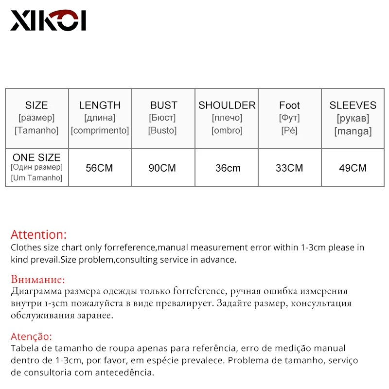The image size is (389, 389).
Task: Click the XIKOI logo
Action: (x=48, y=20)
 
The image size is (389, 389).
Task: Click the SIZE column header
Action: (x=36, y=106)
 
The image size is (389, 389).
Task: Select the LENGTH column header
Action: (x=100, y=106)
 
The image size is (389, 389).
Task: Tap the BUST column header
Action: (x=163, y=106)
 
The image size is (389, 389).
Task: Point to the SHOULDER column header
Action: (x=227, y=106)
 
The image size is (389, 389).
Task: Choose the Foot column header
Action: (x=289, y=106)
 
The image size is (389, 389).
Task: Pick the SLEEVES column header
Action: (x=353, y=106)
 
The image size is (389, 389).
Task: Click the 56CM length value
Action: (x=99, y=168)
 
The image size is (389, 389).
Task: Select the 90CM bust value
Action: (x=162, y=168)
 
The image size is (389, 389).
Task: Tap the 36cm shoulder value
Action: (x=228, y=168)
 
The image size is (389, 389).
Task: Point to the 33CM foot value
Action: (x=289, y=168)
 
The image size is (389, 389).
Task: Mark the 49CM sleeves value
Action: (x=353, y=168)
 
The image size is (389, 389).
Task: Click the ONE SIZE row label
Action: (x=36, y=158)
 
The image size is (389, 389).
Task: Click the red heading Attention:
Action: (x=39, y=235)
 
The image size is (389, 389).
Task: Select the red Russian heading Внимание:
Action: (x=38, y=280)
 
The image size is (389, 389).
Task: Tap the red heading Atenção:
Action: (x=31, y=336)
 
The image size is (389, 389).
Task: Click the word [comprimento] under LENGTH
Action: (x=100, y=130)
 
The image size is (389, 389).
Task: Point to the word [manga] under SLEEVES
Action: (x=353, y=131)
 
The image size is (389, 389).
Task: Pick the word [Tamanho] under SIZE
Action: (x=36, y=130)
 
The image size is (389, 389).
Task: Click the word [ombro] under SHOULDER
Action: (x=227, y=130)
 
